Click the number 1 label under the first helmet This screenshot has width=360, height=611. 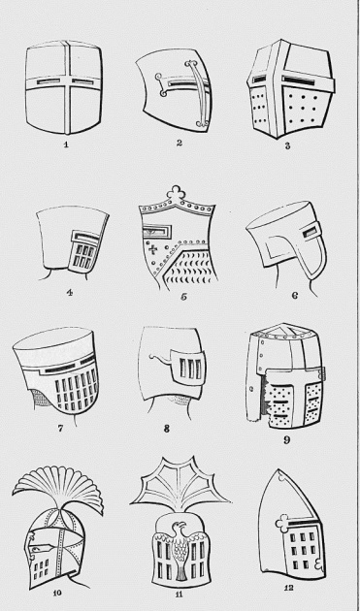[66, 145]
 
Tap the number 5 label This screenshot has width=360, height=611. [183, 297]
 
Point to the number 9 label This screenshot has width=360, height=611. [286, 440]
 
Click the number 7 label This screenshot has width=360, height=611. [60, 429]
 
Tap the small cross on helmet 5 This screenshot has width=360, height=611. [154, 249]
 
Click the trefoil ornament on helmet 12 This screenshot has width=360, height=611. [282, 523]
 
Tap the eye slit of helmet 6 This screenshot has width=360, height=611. [310, 233]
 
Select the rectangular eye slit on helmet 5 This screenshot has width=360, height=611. [156, 233]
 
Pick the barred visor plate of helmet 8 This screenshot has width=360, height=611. [188, 369]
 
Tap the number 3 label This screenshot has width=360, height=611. [287, 146]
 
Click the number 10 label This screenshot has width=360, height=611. [57, 594]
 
